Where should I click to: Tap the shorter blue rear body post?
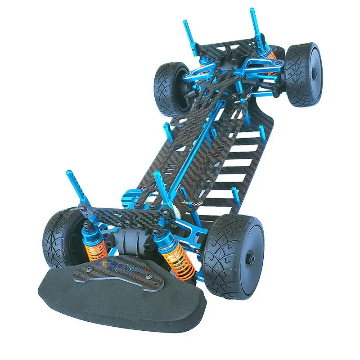(x=188, y=36)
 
